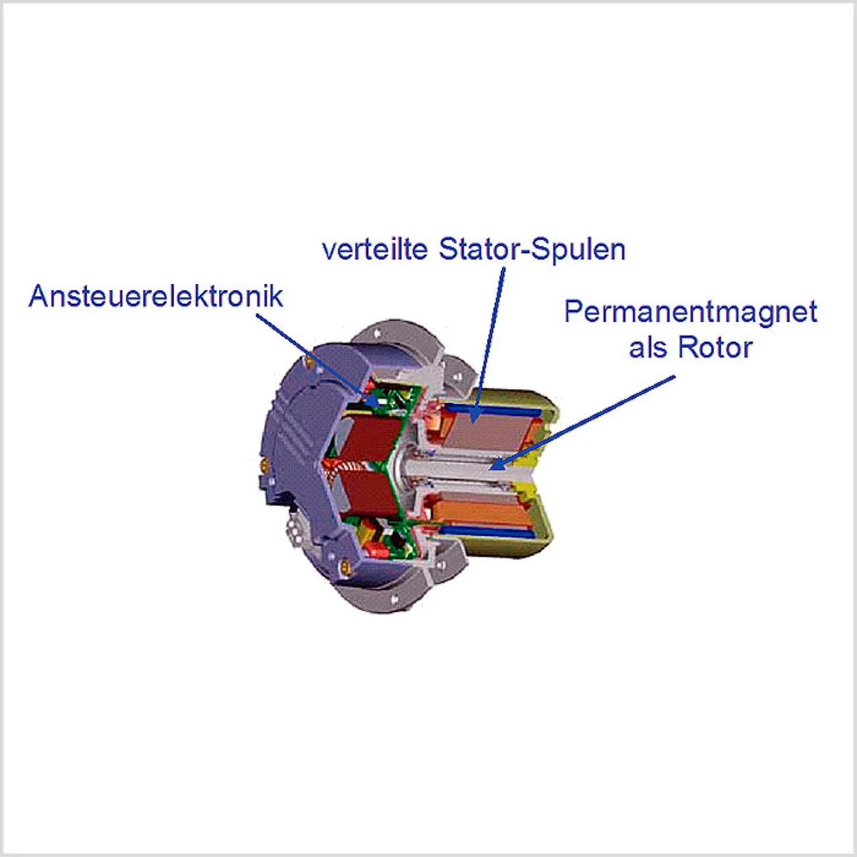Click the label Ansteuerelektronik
(155, 296)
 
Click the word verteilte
(376, 249)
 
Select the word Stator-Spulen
(532, 249)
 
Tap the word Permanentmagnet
(690, 312)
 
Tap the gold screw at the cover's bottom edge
(345, 564)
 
